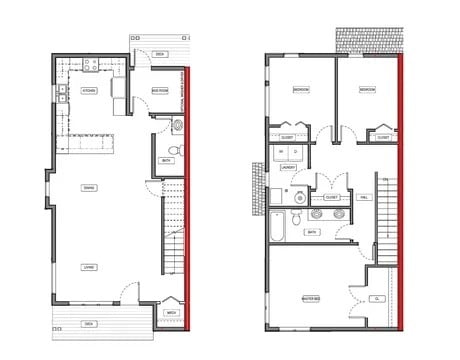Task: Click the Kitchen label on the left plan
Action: [x=88, y=90]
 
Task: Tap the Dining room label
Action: [x=88, y=187]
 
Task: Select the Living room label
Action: [x=88, y=267]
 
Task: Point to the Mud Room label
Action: [x=159, y=90]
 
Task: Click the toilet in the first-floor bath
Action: [x=176, y=126]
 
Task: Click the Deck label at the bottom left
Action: [x=88, y=324]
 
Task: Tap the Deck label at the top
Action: [x=160, y=53]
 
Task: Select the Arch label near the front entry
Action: [x=171, y=313]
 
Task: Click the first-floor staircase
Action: [x=174, y=235]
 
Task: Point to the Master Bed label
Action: [x=310, y=298]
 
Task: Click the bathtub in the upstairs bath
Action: [x=278, y=224]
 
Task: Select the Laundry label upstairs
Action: [x=287, y=168]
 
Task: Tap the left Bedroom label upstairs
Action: [x=300, y=90]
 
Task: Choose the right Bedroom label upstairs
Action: [x=367, y=90]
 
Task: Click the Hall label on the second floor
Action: [x=362, y=197]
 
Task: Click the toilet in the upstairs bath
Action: [x=297, y=217]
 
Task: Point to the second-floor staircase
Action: [x=386, y=215]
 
